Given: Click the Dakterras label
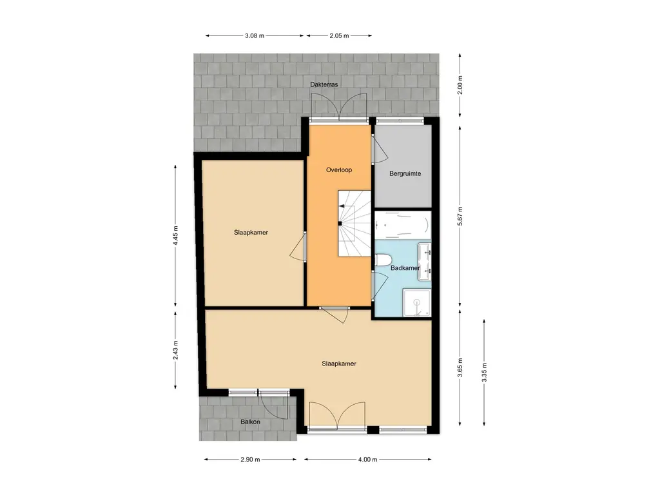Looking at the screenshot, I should (324, 84).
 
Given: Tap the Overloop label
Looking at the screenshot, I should (338, 170).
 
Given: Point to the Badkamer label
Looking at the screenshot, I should (405, 268).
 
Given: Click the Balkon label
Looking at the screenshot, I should (251, 422).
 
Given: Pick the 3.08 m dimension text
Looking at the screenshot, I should (255, 36).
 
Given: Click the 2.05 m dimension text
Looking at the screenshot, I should (338, 36).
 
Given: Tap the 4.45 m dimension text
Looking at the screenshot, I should (176, 236).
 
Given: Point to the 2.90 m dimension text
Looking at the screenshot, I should (249, 460).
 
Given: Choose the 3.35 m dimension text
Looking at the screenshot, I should (484, 373).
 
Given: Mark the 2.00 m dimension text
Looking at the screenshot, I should (460, 85).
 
